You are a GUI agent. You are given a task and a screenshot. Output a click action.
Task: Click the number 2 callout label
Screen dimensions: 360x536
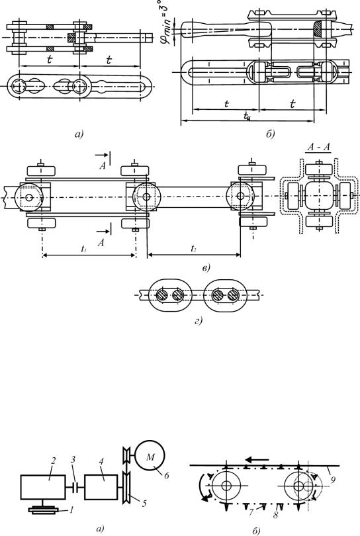point(54,461)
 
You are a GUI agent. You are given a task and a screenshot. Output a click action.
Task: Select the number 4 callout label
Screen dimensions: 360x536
point(101,461)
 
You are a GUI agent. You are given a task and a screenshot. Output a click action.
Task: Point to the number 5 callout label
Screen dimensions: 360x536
point(144,503)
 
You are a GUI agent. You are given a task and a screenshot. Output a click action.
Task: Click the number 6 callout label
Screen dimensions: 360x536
point(167,476)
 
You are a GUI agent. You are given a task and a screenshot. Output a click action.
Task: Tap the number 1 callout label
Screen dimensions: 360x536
point(71,511)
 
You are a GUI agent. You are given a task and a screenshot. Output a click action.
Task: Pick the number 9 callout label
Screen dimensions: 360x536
point(333,480)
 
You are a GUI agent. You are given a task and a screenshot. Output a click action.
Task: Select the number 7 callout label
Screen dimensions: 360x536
point(251,512)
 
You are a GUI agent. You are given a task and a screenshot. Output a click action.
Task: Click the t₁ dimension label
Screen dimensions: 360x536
point(84,249)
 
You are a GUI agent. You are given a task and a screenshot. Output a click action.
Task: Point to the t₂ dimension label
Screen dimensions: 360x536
point(193,249)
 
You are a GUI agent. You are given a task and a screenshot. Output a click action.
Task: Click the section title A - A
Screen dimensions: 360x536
point(318,148)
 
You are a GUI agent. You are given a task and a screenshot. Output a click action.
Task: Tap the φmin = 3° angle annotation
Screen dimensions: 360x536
point(165,22)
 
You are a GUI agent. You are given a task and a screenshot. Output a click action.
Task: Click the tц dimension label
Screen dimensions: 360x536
point(247,116)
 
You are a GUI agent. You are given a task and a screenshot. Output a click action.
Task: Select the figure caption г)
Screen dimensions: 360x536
point(199,321)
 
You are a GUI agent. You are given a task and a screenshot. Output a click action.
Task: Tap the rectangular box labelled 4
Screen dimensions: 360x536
point(101,487)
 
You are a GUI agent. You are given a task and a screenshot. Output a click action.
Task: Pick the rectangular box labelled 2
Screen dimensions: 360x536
point(43,487)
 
